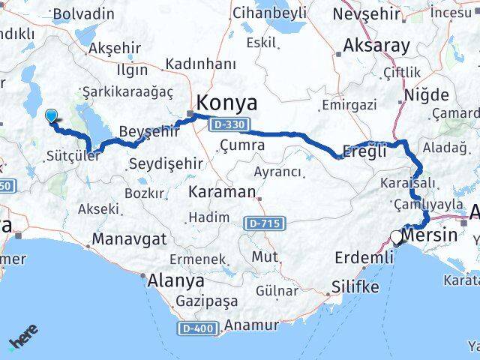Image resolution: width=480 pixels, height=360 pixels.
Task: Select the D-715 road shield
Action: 265,223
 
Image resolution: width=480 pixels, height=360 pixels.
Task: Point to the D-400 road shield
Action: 199,328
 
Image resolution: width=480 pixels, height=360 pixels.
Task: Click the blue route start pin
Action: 51,116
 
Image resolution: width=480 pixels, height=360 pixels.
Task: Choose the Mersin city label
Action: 430,235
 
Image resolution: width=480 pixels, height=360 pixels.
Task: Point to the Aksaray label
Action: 376,45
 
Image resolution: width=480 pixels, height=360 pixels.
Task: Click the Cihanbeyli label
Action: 269,13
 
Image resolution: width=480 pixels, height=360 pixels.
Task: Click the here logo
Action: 23,337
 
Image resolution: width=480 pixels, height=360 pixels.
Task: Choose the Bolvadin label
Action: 84,13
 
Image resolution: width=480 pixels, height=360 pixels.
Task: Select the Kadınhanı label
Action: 200,64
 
